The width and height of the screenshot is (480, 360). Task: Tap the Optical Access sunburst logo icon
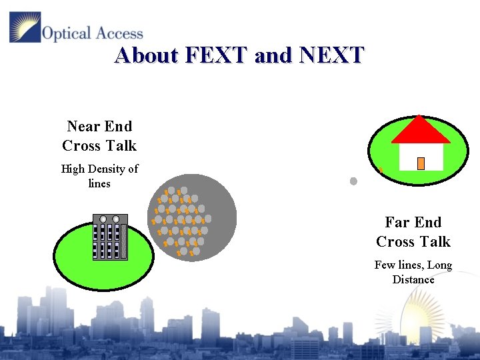[25, 27]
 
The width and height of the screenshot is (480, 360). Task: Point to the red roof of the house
[420, 131]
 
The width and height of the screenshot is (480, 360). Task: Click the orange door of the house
[421, 163]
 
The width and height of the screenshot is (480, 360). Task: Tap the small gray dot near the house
[353, 181]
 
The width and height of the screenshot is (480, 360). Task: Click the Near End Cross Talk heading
[99, 135]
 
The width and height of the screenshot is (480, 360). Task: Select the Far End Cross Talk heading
[413, 231]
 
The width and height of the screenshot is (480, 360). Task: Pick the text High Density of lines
[99, 175]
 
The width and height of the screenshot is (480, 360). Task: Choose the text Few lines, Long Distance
[413, 272]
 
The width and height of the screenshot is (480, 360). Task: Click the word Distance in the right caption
[413, 279]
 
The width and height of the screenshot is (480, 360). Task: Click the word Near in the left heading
[81, 126]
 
